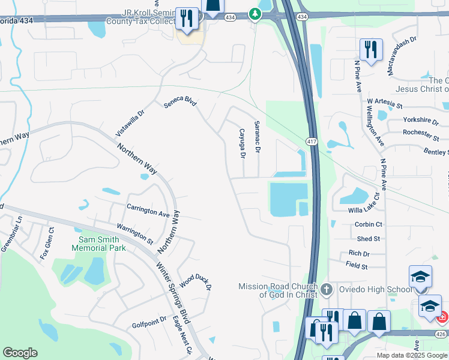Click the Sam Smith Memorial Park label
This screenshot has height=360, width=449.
click(x=98, y=243)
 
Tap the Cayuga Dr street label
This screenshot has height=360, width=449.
click(x=243, y=143)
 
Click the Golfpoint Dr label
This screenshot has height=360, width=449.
click(x=149, y=322)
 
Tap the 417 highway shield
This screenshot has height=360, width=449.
click(x=311, y=142)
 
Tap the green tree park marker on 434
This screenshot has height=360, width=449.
click(x=255, y=14)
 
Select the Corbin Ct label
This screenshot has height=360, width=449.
click(x=369, y=224)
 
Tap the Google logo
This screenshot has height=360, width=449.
click(x=20, y=353)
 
